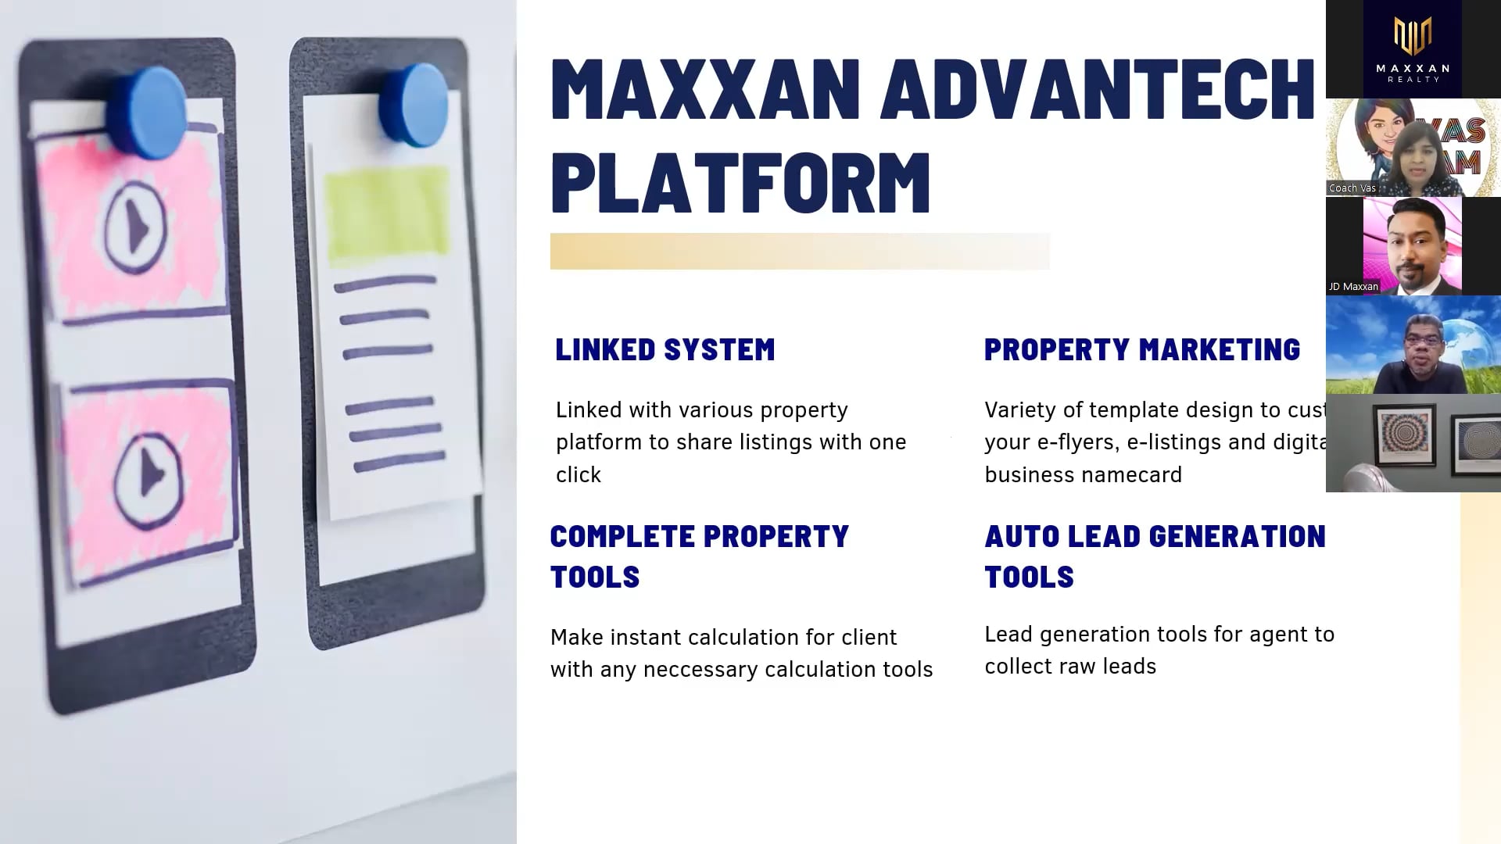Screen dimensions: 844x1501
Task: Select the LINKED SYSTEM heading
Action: pos(665,349)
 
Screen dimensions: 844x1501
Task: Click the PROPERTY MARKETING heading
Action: pos(1141,349)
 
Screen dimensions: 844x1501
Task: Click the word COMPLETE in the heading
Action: pos(622,536)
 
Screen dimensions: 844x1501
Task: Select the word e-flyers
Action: pos(1078,442)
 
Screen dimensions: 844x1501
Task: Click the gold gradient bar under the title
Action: pos(799,252)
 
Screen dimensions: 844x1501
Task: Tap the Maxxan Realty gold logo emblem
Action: pos(1413,36)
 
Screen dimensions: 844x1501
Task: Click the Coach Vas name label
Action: pos(1352,188)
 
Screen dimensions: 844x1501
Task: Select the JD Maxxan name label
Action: pos(1353,287)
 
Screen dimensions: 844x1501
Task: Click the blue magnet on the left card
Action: pos(147,111)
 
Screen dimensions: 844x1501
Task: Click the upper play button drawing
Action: pos(136,229)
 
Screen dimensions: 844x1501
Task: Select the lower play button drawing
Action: pos(148,476)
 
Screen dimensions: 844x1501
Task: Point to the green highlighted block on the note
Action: pos(386,214)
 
